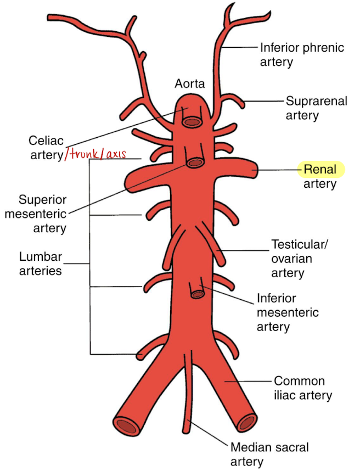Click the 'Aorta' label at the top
point(190,84)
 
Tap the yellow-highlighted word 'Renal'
point(320,170)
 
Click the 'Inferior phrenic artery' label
point(302,54)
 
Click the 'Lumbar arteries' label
point(40,263)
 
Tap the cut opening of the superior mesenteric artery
point(194,162)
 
